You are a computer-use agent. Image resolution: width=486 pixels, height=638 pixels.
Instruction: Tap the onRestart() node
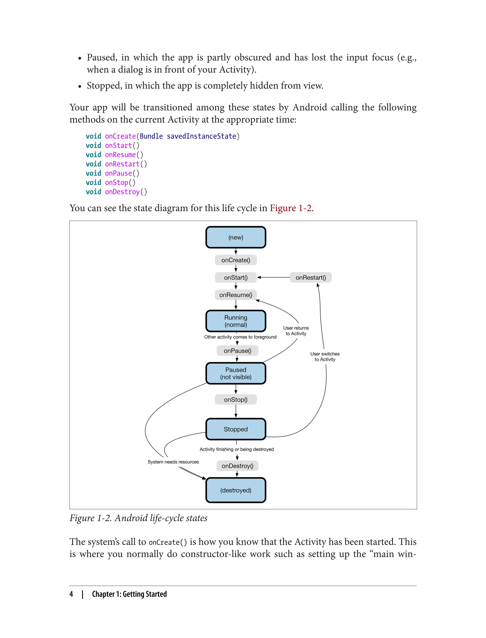point(310,277)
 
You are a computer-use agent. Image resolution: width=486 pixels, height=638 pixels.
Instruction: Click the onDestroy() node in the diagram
point(237,466)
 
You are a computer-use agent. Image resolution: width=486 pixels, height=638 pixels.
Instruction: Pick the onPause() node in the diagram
point(237,351)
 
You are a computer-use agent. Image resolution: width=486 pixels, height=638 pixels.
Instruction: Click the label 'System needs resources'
point(173,462)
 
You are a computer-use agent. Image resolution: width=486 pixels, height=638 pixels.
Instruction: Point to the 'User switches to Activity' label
point(325,357)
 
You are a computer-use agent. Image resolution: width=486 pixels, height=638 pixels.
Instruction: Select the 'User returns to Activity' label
point(296,331)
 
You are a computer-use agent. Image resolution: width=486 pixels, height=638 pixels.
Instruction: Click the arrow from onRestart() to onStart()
point(273,277)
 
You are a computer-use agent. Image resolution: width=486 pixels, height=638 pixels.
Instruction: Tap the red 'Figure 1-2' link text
point(290,208)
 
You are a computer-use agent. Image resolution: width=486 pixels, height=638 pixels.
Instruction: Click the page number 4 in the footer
point(71,594)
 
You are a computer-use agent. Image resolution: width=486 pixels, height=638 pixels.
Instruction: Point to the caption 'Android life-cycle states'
point(161,518)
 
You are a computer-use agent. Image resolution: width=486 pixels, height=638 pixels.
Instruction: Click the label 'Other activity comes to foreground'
point(240,337)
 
